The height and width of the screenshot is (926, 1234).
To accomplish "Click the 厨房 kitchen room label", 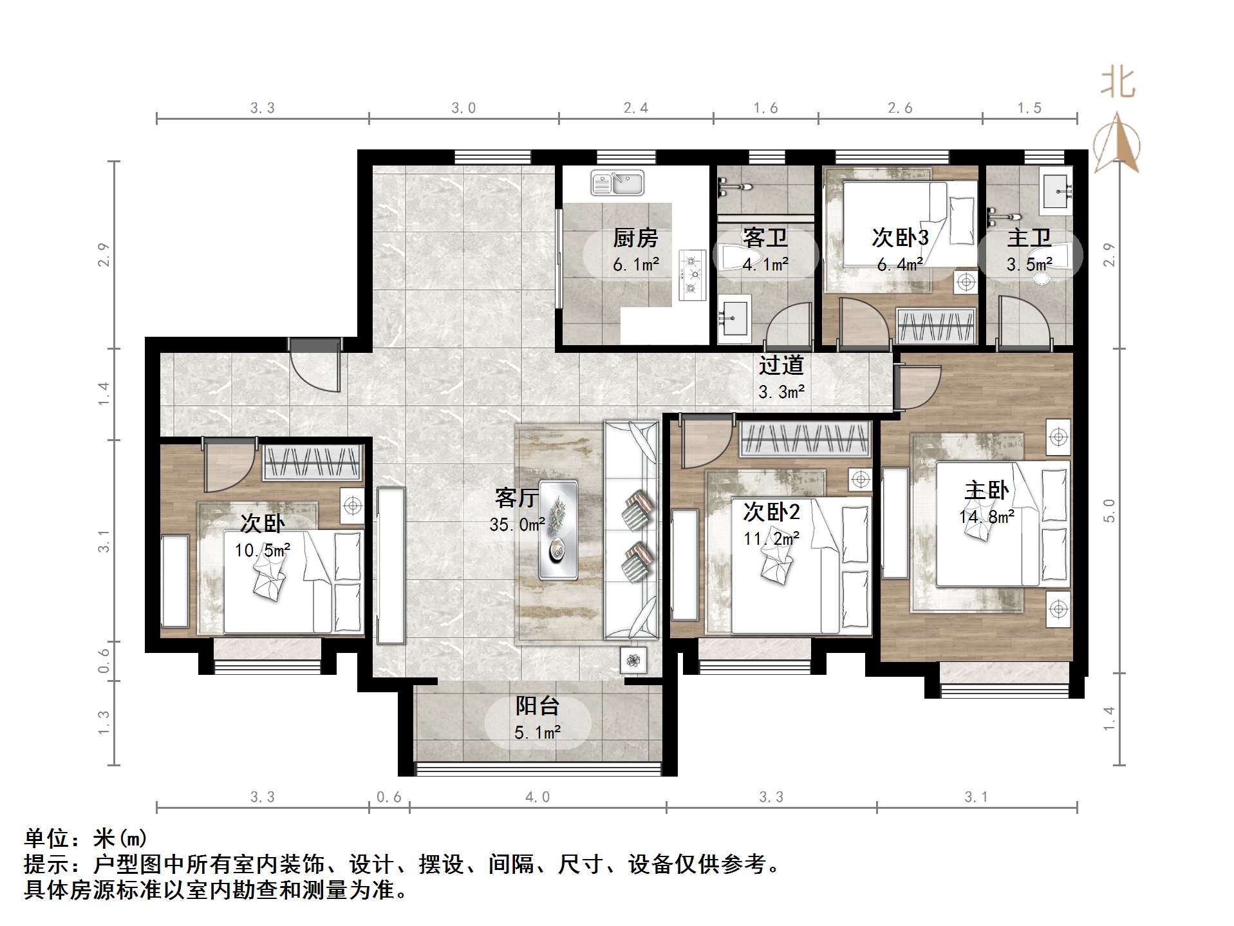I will (x=635, y=238).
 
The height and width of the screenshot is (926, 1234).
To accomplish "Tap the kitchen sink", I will (x=617, y=183).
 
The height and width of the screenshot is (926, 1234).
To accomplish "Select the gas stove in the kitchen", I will (x=692, y=275).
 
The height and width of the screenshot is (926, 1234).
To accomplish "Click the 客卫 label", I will (x=765, y=238).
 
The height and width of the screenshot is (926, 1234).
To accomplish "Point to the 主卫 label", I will (x=1029, y=238).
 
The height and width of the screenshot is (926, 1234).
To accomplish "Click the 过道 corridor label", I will (x=781, y=365).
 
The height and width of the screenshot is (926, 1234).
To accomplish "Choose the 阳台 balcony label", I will (x=537, y=706).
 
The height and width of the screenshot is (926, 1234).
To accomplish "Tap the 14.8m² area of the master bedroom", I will (x=986, y=516).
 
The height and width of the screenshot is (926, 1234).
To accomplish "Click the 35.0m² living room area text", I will (x=517, y=525).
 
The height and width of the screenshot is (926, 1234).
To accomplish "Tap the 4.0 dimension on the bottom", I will (x=538, y=797).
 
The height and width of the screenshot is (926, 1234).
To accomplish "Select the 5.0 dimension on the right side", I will (x=1109, y=511).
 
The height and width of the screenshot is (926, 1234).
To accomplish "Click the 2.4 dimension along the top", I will (x=635, y=108).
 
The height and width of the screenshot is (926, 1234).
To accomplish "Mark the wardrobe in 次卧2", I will (x=805, y=440).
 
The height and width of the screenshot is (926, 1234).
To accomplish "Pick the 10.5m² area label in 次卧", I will (x=262, y=551).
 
